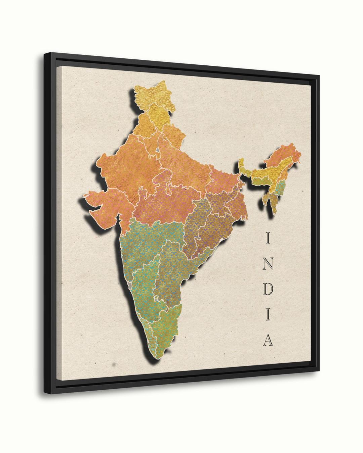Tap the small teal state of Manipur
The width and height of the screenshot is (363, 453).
coord(280,187)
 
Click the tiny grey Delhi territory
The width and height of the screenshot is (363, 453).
coord(157,149)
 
